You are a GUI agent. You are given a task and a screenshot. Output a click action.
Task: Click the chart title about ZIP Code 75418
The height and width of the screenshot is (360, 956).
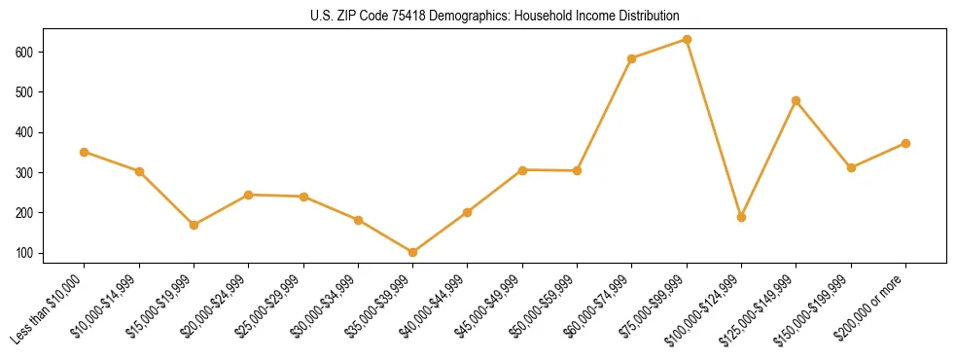click(478, 17)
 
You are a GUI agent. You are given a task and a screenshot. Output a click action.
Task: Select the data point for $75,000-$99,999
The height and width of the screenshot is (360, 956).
click(687, 40)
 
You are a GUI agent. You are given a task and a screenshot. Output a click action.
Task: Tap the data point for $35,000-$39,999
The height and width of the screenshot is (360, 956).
click(413, 252)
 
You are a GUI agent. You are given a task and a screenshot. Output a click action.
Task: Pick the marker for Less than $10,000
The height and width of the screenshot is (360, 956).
click(85, 152)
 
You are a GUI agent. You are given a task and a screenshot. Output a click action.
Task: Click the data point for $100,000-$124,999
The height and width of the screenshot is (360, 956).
click(741, 217)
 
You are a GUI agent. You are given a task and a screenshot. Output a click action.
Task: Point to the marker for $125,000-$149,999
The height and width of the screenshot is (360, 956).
click(797, 100)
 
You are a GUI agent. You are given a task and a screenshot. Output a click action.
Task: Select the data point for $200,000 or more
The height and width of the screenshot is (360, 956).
click(905, 143)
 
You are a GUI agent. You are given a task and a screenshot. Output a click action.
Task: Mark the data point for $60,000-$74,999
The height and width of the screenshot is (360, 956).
click(632, 58)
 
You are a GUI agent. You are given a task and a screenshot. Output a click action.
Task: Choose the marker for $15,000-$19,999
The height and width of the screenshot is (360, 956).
click(195, 225)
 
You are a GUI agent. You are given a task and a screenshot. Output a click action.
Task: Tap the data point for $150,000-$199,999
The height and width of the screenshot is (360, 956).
click(851, 167)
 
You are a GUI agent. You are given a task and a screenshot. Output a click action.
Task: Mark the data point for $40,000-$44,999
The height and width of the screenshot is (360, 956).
click(468, 212)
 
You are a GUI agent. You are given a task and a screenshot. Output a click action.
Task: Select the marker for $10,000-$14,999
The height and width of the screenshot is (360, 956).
click(140, 171)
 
